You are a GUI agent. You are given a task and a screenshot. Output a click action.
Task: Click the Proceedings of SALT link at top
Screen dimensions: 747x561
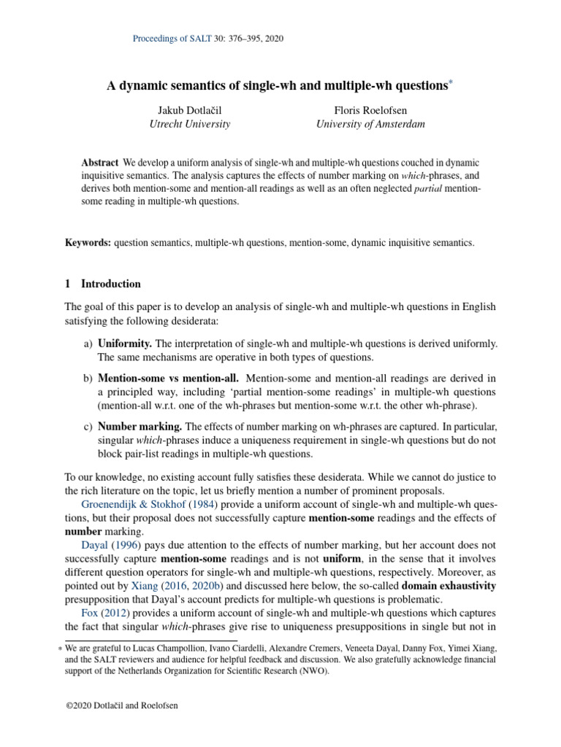point(172,38)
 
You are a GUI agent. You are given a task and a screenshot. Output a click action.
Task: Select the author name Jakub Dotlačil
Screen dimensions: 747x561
point(189,109)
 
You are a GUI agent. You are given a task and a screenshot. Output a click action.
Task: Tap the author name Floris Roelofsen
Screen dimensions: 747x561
point(370,109)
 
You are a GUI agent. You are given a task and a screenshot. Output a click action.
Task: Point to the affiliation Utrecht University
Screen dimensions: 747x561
point(189,124)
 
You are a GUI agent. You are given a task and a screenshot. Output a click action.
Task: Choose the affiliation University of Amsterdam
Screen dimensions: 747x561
point(370,124)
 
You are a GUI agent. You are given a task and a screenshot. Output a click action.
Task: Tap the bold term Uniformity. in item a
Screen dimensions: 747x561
point(125,344)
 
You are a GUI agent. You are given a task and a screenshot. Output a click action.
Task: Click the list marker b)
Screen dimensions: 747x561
point(87,378)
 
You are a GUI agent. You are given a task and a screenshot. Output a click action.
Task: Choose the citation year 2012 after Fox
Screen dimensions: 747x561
point(113,612)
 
